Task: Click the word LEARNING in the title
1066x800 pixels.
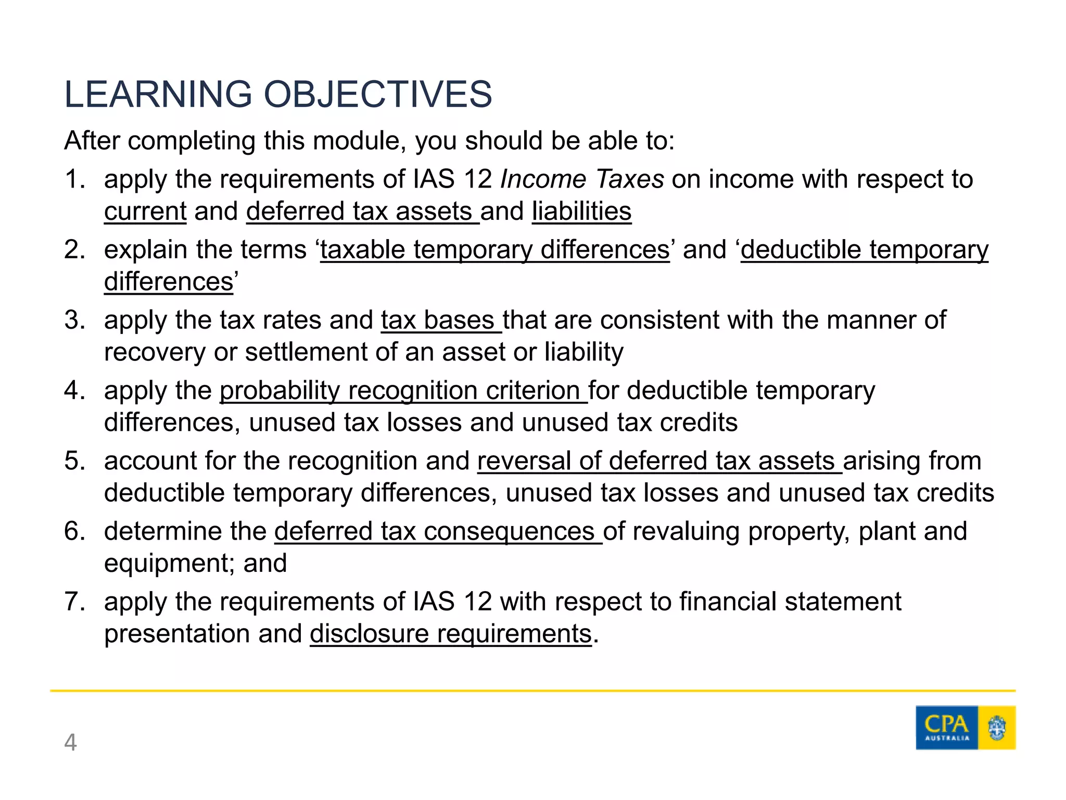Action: click(158, 95)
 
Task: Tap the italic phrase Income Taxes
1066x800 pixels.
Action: click(581, 179)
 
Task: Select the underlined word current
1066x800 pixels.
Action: click(145, 211)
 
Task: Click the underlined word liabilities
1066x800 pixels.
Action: click(581, 211)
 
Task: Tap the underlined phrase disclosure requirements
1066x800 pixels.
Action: click(451, 634)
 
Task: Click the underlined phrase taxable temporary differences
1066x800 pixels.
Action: click(494, 250)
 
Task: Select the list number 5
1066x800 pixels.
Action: click(74, 461)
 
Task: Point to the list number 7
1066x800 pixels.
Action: click(74, 602)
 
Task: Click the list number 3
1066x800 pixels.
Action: click(74, 320)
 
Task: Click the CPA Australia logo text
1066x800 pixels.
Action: click(946, 727)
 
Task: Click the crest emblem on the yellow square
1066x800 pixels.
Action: click(997, 728)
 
